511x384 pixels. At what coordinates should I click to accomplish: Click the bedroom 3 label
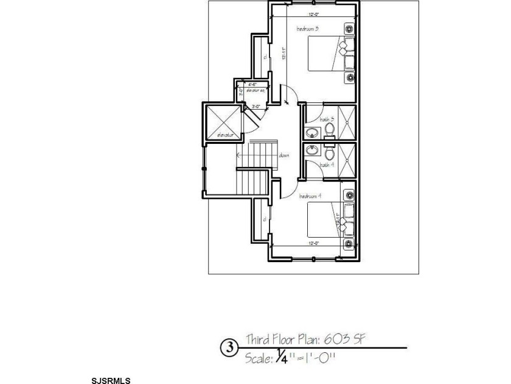(307, 29)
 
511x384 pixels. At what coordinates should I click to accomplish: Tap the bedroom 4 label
(310, 196)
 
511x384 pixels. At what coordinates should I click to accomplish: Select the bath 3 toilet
(328, 130)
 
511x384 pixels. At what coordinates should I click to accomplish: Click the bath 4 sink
(313, 149)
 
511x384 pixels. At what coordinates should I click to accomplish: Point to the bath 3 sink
(312, 133)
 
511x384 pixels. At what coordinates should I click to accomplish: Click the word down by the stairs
(284, 155)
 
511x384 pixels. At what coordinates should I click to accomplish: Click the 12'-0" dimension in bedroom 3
(313, 14)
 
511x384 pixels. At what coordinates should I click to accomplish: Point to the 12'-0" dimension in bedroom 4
(313, 243)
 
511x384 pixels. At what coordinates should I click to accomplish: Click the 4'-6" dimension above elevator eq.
(251, 84)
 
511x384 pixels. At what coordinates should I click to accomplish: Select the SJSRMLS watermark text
(111, 380)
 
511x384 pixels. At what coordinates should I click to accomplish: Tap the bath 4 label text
(327, 165)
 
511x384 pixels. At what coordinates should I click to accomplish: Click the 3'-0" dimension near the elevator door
(257, 106)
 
